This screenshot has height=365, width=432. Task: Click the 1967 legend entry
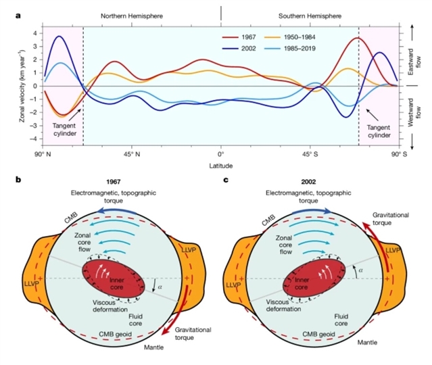click(x=239, y=37)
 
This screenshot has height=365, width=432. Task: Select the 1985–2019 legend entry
click(x=290, y=49)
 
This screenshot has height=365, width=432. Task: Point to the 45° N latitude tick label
click(x=132, y=154)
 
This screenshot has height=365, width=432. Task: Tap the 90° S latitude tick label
click(x=398, y=154)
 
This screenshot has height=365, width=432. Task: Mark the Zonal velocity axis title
click(x=22, y=87)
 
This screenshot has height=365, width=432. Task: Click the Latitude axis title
click(x=220, y=166)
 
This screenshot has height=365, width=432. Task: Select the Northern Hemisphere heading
click(x=132, y=16)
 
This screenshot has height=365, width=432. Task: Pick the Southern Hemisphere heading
click(x=310, y=16)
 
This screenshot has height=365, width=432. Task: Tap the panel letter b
click(x=18, y=180)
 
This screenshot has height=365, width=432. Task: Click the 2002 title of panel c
click(x=308, y=182)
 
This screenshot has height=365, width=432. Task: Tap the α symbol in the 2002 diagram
click(x=360, y=270)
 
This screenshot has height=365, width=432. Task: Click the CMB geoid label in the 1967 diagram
click(x=115, y=335)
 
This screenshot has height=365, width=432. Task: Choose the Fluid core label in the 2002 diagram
click(x=341, y=320)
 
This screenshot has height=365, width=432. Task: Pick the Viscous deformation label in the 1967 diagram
click(x=110, y=306)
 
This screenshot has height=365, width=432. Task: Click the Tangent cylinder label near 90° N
click(x=64, y=130)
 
